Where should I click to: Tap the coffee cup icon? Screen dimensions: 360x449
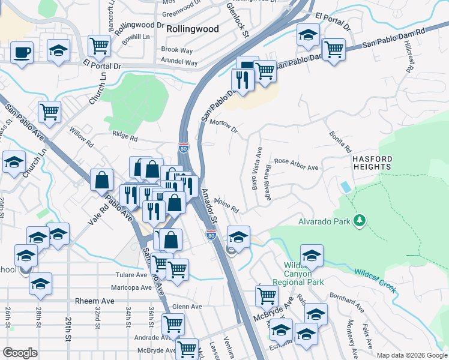(x=22, y=52)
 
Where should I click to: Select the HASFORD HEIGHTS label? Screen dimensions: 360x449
(x=372, y=164)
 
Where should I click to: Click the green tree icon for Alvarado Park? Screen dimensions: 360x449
(x=360, y=221)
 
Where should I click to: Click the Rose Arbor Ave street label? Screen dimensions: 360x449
(x=296, y=164)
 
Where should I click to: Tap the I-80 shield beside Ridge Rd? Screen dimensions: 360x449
(x=183, y=147)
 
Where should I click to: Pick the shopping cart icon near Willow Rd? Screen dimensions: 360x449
(x=50, y=111)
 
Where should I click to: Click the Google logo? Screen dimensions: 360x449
(x=20, y=352)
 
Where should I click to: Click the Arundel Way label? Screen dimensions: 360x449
(x=179, y=62)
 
